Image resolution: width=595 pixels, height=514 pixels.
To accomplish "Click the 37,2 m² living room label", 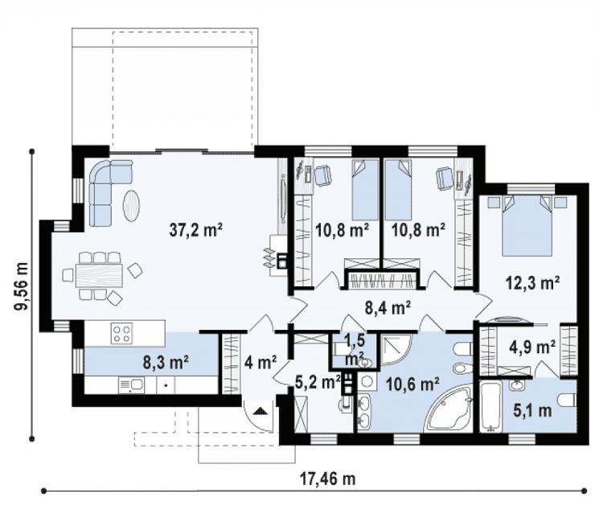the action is point(195,230).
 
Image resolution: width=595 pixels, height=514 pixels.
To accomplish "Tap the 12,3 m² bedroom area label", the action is point(532,282).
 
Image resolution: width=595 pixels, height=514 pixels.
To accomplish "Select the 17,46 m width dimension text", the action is point(328,479).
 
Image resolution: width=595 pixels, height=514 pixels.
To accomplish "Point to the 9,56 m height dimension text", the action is point(21,286).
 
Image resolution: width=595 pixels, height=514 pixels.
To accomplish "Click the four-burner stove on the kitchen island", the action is point(121,333).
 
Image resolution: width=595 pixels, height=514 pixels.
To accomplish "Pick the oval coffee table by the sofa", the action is point(131,205).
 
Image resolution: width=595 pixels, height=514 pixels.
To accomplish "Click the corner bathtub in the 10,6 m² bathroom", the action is point(450,409).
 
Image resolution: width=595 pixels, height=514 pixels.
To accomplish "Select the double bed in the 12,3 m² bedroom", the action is point(527,226).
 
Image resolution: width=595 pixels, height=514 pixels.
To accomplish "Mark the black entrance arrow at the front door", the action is point(260,411).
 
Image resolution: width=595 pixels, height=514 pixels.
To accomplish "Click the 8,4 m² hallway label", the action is point(388,308).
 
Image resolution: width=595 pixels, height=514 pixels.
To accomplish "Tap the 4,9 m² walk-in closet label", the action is point(532,347).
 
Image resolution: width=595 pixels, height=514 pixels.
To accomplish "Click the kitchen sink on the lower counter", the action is point(131,385).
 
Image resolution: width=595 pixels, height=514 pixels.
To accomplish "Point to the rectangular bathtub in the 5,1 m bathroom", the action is point(490,407).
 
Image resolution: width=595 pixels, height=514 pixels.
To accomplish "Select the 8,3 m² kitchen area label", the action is point(166,362).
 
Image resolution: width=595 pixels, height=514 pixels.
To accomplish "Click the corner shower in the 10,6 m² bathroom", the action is point(395,350).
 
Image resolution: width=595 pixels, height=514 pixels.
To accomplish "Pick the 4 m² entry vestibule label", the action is point(261,363).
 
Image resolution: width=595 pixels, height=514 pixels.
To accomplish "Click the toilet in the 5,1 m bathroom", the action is point(568,400).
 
